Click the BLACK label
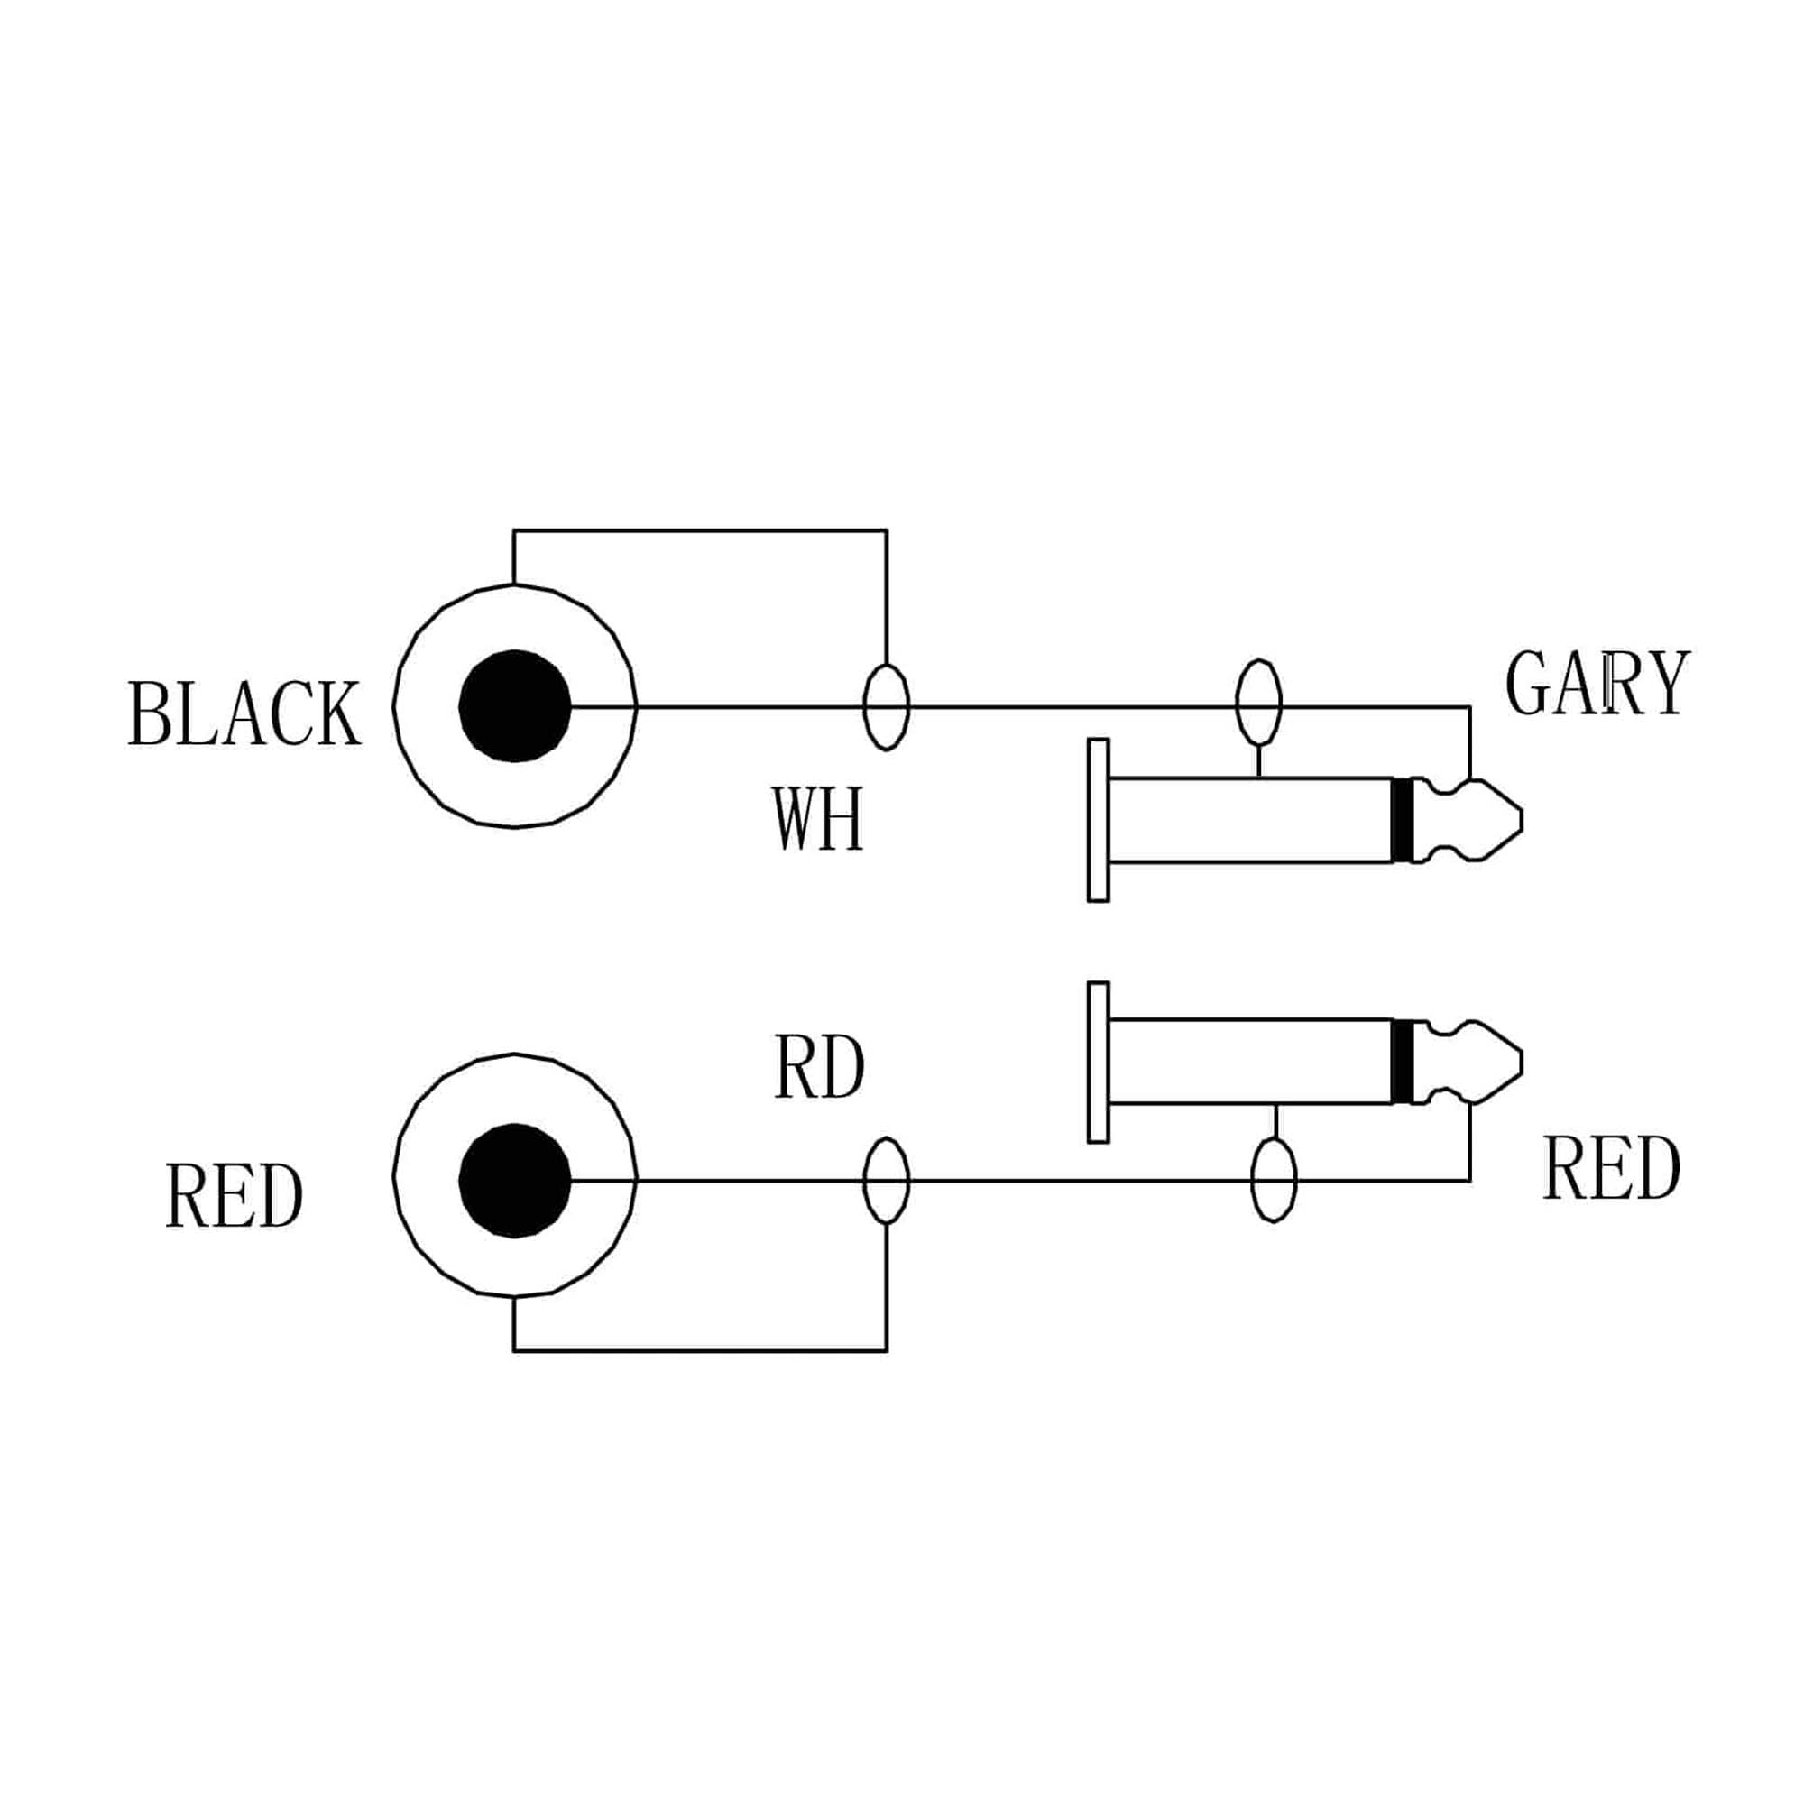(244, 713)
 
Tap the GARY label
(1597, 684)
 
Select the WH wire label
(818, 820)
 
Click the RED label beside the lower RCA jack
(235, 1197)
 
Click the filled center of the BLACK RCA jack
(514, 706)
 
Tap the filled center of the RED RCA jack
(514, 1182)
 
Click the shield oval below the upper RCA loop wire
(886, 707)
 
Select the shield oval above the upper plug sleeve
(1258, 701)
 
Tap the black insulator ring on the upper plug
(1402, 820)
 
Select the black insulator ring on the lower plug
(1402, 1062)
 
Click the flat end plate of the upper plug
(1098, 821)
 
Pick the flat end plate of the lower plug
(1098, 1062)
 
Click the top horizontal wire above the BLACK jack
(700, 531)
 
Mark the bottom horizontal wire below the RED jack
(700, 1350)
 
